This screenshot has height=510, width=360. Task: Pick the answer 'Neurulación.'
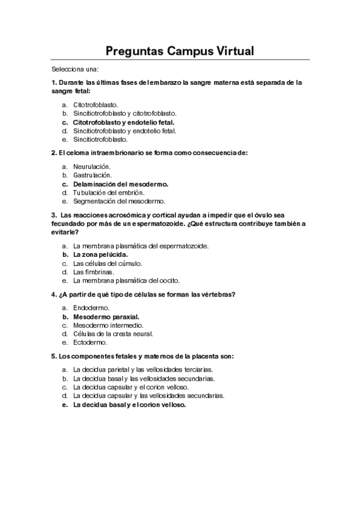click(x=92, y=166)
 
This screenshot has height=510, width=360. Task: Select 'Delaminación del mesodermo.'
click(x=120, y=183)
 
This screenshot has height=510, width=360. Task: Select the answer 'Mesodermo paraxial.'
click(x=106, y=316)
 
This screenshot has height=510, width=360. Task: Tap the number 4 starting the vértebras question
click(x=53, y=294)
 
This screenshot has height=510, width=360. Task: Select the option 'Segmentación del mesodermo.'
click(x=118, y=201)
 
